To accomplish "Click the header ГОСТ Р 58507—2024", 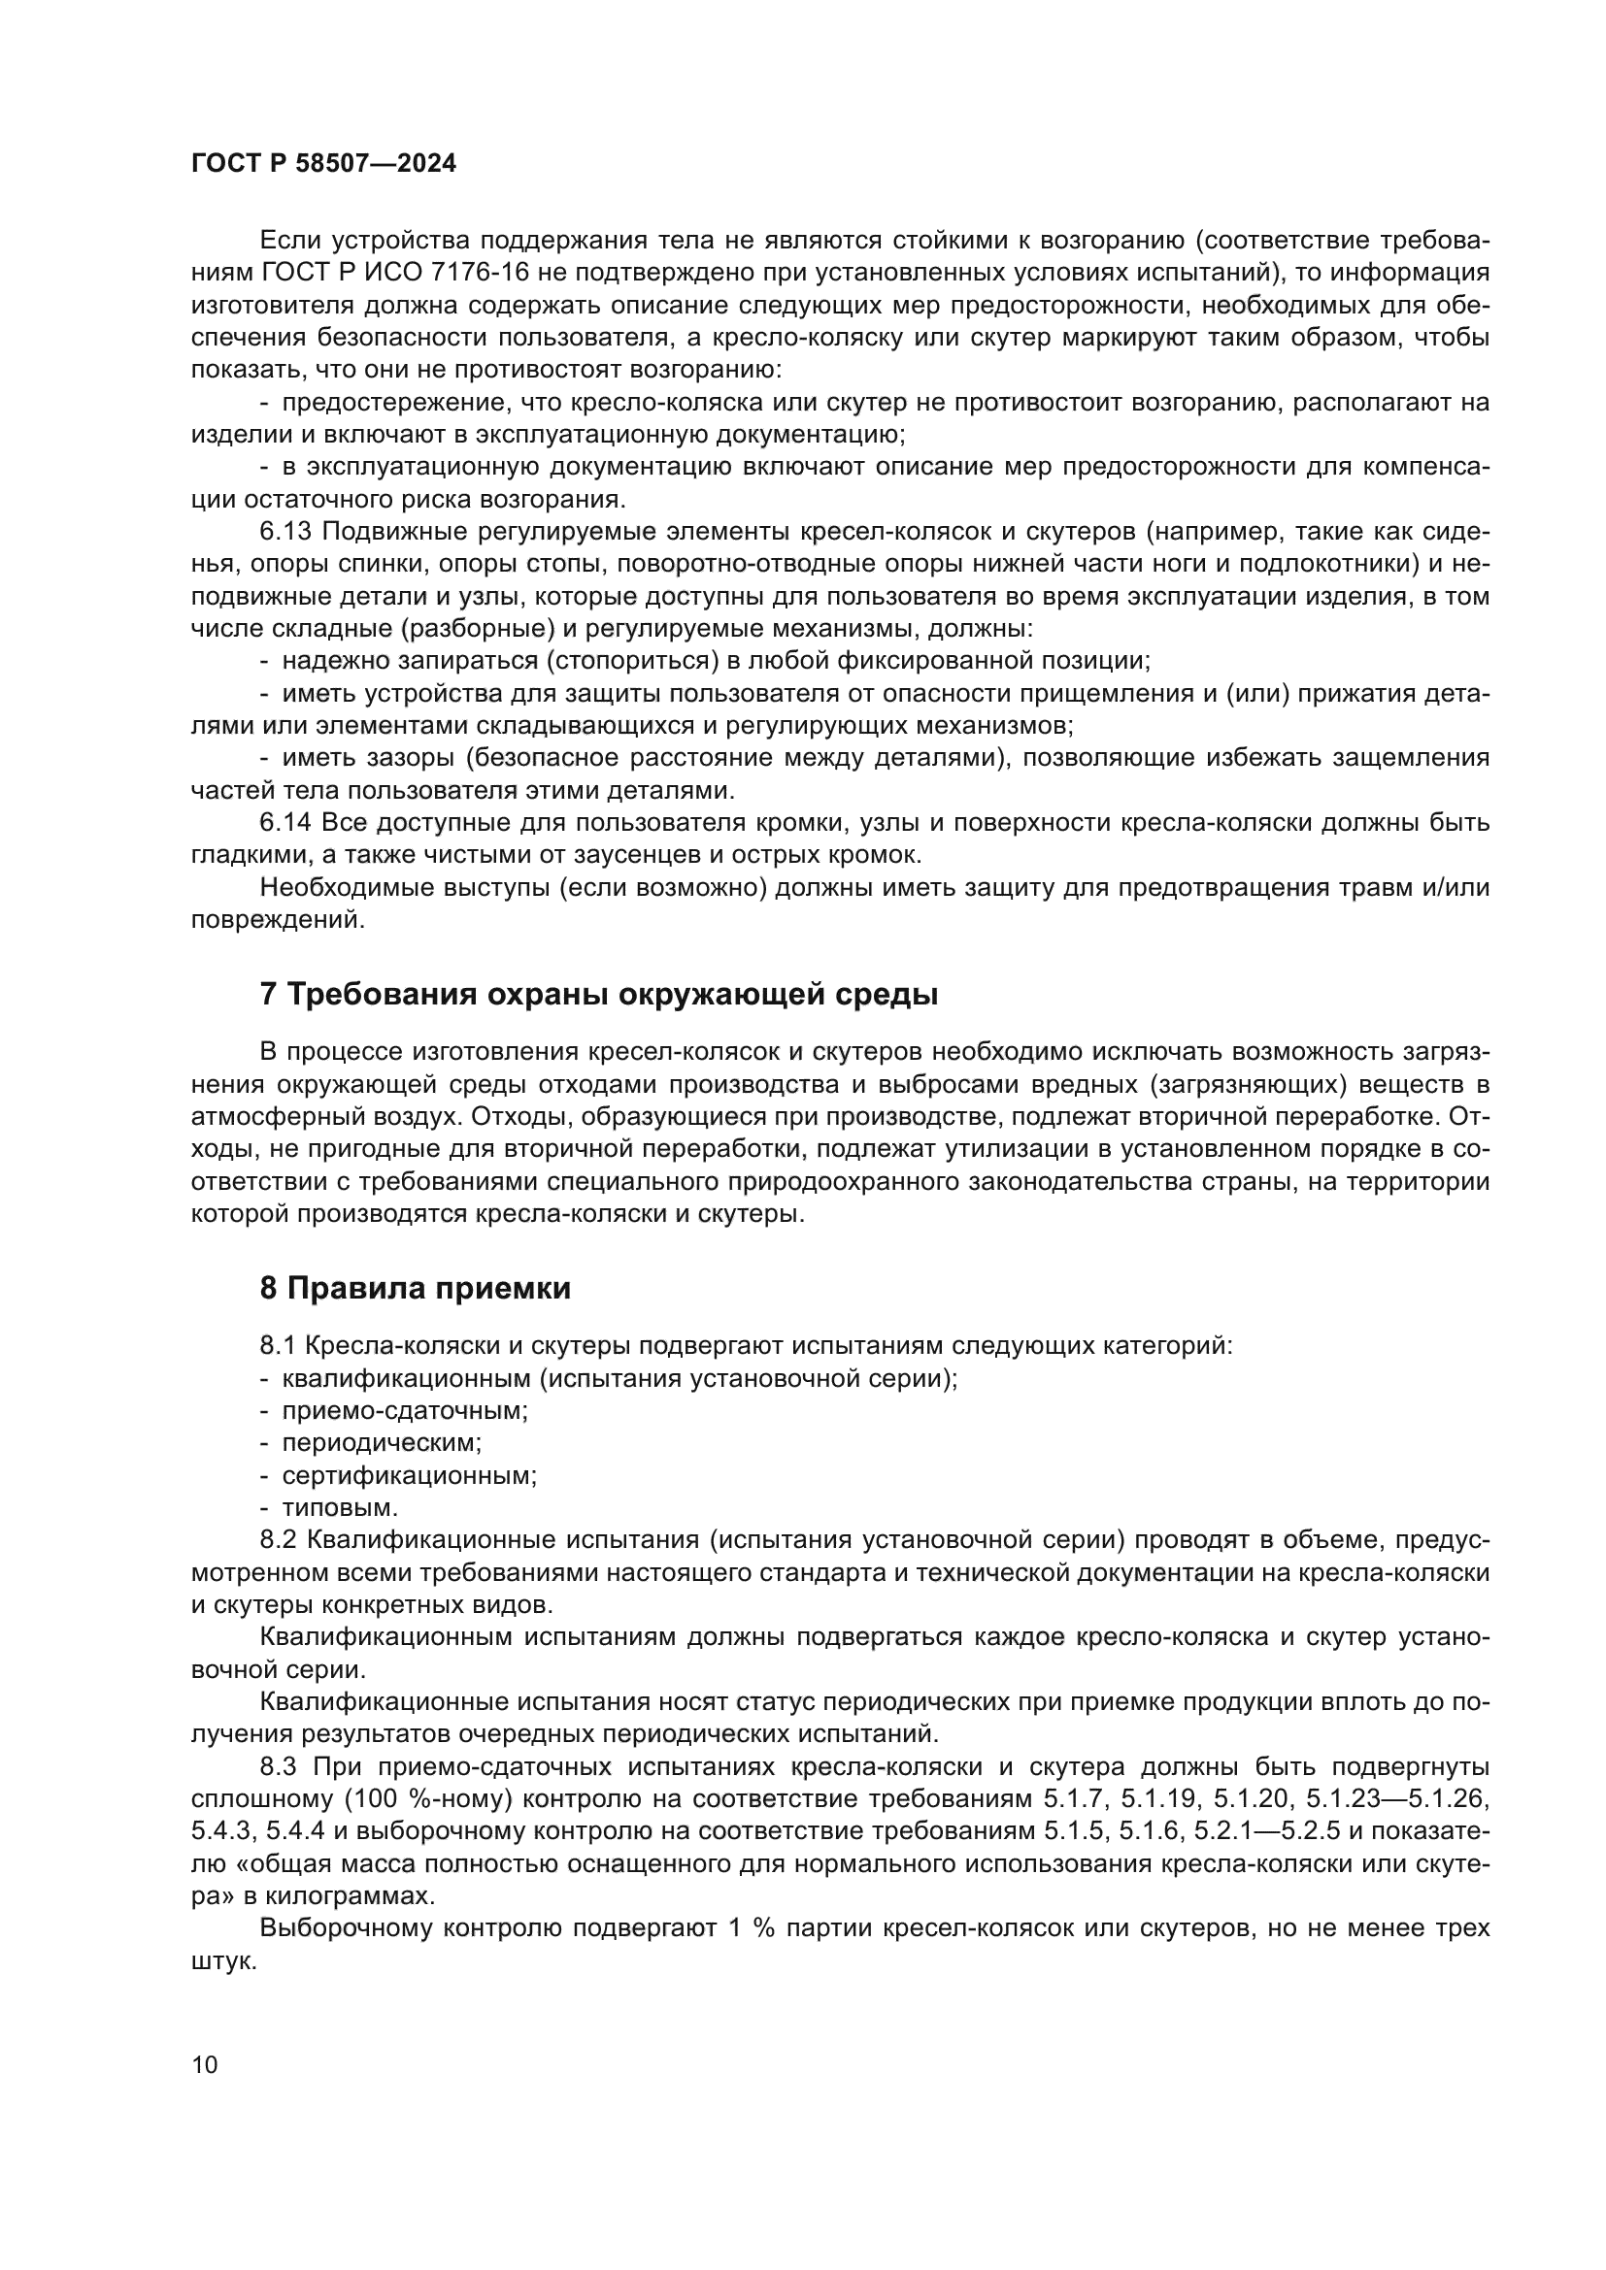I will (323, 164).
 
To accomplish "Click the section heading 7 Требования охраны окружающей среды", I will (598, 994).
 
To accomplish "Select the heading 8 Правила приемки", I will (416, 1288).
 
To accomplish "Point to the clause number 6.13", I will (284, 532).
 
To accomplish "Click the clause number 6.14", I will (284, 823).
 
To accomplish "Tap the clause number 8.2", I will (278, 1540).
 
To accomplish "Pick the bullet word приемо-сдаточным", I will (405, 1411).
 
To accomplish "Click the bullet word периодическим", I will (382, 1443).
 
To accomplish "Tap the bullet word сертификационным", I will (409, 1476).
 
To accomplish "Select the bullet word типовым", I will (339, 1509).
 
